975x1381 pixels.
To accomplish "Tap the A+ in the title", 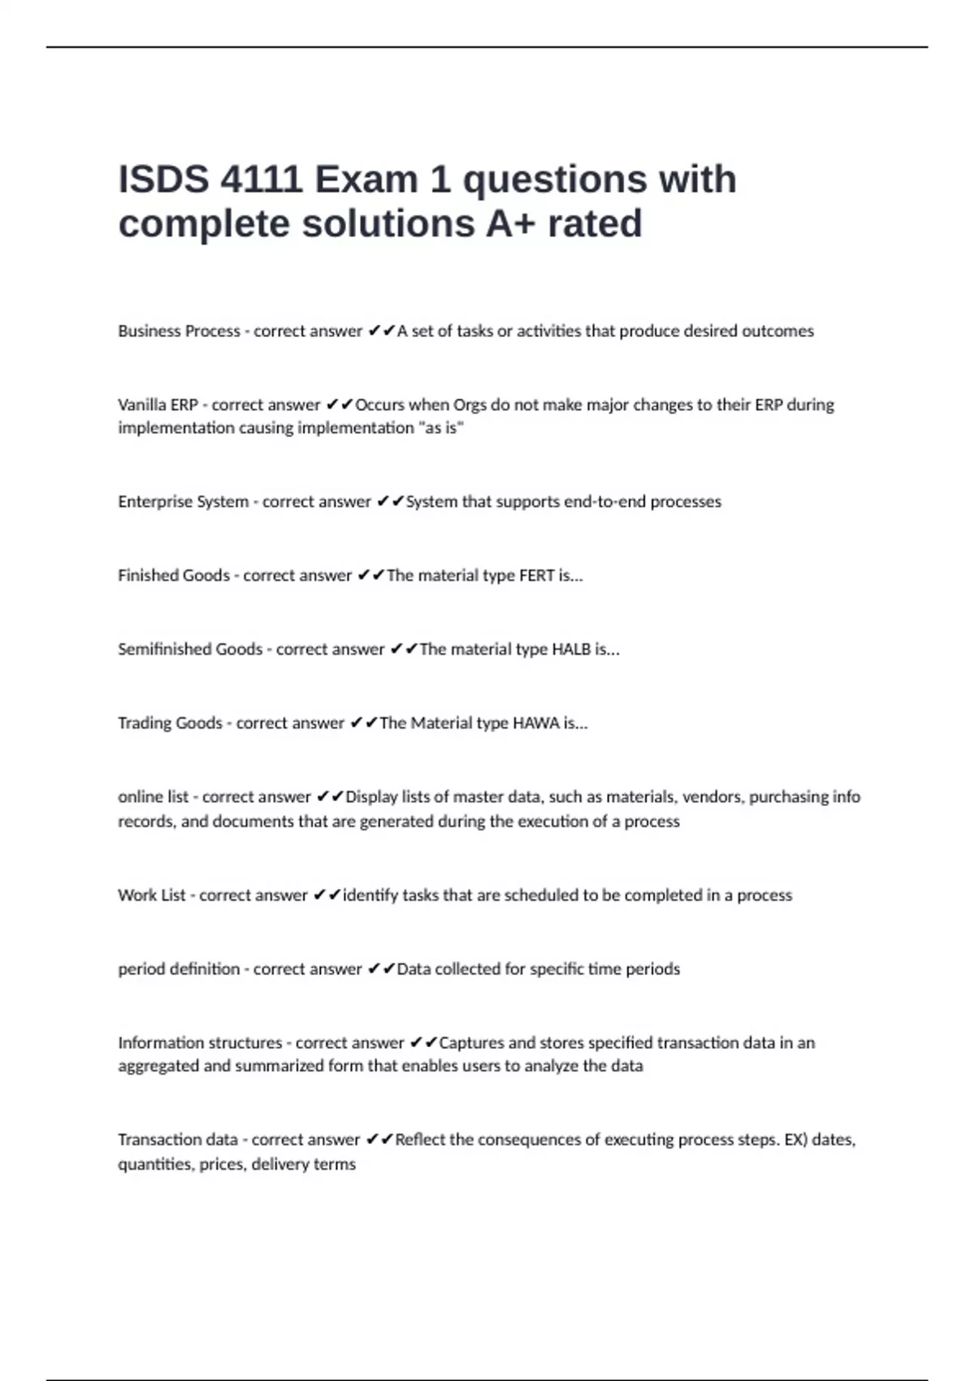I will (510, 223).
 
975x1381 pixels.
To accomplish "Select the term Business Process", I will (179, 331).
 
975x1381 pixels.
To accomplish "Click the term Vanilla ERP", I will (158, 405).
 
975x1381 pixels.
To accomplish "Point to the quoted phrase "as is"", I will (441, 428).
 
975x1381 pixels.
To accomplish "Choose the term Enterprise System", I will (183, 502).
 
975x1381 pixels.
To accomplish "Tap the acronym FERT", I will (536, 576).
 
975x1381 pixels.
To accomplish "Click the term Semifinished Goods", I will (190, 649).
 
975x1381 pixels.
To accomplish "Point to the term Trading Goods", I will (170, 723).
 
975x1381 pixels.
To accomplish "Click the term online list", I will (153, 797).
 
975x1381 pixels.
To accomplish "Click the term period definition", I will (179, 969).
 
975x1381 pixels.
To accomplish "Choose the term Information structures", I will (200, 1043).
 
